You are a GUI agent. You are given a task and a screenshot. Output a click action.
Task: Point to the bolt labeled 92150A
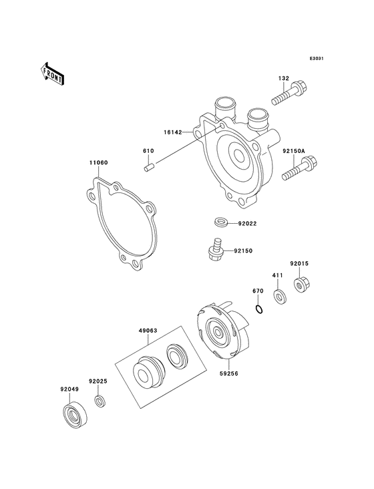pos(299,168)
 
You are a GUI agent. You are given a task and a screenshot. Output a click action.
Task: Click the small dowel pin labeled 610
pos(150,167)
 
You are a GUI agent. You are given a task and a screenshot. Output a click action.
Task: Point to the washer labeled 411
pos(280,294)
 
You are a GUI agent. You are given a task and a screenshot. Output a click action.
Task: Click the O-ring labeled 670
pos(259,308)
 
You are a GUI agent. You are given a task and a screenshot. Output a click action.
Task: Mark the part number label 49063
pos(148,329)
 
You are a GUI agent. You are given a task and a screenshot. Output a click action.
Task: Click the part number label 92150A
pos(293,152)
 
